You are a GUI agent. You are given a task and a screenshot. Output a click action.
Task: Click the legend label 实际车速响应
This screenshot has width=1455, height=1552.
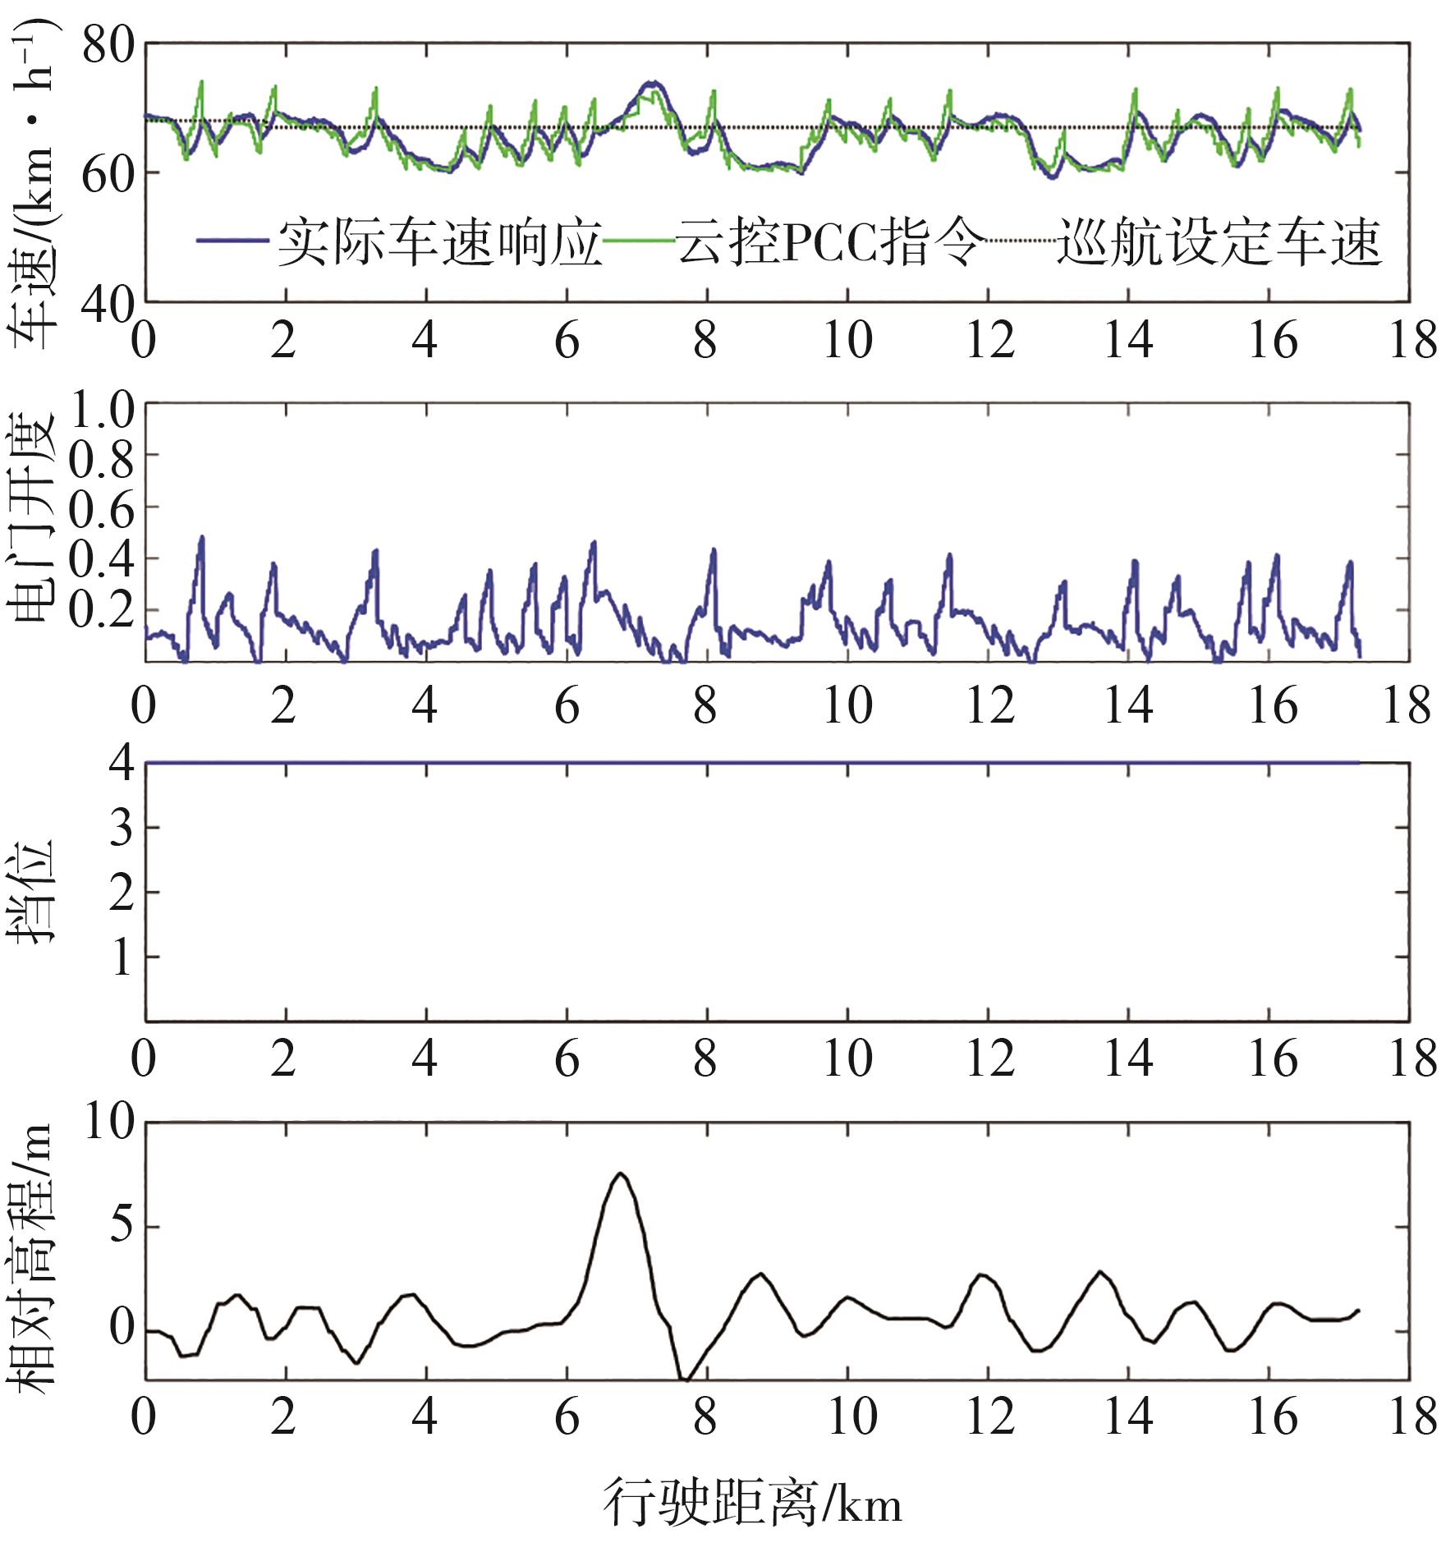[439, 241]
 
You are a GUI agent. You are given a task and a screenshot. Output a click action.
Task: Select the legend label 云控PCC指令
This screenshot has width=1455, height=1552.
[829, 241]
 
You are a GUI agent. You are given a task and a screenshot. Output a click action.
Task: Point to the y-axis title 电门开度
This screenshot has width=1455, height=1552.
[31, 517]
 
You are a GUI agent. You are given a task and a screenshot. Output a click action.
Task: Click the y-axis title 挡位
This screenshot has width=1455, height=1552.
[31, 892]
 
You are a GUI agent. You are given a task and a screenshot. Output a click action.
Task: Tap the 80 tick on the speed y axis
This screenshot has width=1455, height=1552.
[108, 44]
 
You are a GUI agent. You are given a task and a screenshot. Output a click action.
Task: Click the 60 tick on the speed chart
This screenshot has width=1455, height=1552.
[108, 173]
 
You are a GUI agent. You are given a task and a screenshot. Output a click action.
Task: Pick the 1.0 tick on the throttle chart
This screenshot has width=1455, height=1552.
[102, 409]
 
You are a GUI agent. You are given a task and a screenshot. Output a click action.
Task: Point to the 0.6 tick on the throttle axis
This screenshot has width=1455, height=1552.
[102, 509]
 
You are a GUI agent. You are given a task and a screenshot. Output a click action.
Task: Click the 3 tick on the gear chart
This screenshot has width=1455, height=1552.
[122, 828]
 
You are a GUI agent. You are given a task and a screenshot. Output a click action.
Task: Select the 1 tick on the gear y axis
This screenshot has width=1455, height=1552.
[122, 957]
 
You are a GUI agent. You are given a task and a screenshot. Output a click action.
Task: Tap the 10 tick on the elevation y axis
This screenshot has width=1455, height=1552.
[110, 1121]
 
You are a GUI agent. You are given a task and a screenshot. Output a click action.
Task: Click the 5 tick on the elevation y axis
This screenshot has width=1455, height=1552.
[122, 1226]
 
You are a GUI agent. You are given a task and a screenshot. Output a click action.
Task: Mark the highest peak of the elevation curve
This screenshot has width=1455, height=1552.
[621, 1173]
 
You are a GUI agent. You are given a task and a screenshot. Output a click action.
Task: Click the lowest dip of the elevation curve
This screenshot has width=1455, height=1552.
[686, 1380]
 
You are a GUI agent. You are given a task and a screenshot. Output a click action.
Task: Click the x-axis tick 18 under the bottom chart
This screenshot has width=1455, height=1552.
[1412, 1417]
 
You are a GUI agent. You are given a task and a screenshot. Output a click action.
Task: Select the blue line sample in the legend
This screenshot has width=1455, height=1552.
[232, 241]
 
